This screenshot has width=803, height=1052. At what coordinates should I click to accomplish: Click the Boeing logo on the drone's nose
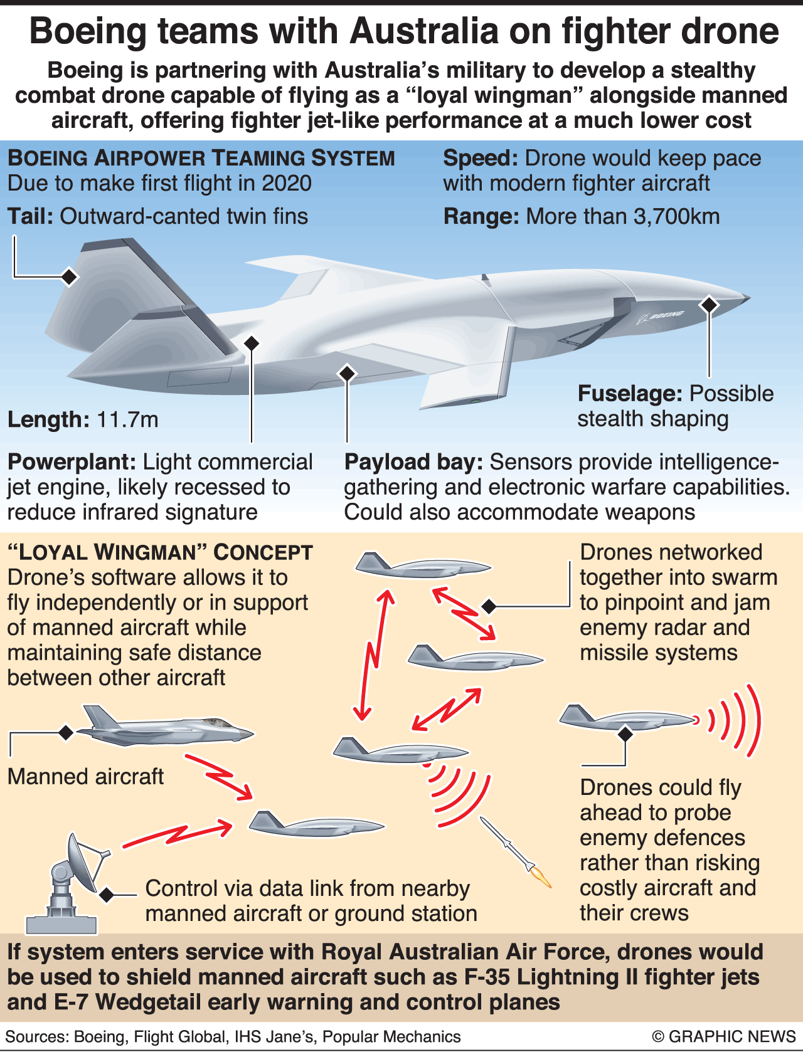point(660,316)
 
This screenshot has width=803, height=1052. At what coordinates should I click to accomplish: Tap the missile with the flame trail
point(515,851)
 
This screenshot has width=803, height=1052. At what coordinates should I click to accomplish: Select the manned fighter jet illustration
point(166,727)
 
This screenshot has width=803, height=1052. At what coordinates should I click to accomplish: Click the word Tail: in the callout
point(30,216)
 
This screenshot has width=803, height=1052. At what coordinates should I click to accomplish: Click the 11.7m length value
point(127,420)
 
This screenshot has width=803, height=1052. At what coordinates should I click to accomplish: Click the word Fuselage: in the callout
point(630,394)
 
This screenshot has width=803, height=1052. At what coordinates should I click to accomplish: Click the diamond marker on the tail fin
point(70,276)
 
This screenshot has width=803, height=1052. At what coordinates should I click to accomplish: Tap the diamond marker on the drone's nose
point(710,304)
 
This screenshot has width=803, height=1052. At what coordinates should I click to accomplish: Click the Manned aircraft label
point(85,776)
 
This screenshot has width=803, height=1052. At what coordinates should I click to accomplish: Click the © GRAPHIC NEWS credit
point(723,1037)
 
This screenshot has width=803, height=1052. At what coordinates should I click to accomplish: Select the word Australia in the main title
point(424,31)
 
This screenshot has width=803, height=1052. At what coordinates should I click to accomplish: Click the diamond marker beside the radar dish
point(107,894)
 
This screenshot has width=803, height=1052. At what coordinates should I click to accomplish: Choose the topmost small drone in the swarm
point(423,565)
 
